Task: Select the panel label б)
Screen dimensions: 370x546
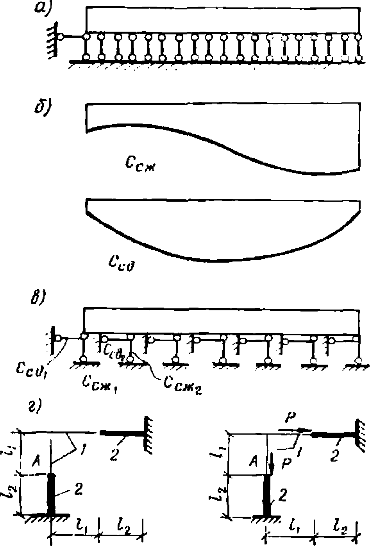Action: click(x=41, y=107)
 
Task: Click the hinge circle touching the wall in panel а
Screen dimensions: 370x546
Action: click(x=61, y=37)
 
